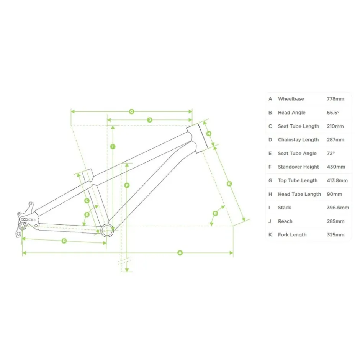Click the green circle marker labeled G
132,111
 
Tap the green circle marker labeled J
150,120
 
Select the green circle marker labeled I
113,146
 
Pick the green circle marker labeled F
127,185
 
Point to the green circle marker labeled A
180,253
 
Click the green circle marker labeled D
64,241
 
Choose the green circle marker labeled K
229,184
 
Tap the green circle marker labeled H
209,133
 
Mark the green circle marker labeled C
87,201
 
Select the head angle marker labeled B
215,213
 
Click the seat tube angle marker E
87,215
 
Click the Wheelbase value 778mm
335,99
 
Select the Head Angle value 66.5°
333,113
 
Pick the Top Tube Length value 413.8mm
337,180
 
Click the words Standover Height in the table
298,167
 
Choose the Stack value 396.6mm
338,208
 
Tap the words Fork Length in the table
292,235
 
